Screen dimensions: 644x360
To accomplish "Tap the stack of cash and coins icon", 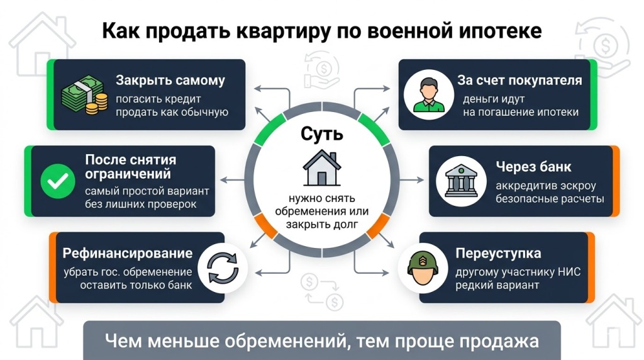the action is [x=84, y=96].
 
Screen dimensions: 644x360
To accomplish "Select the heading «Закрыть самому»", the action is [x=170, y=81].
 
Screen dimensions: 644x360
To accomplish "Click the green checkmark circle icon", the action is [x=57, y=182].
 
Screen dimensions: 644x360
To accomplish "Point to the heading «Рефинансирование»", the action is [x=128, y=253].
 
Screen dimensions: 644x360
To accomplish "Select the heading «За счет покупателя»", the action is [x=519, y=81].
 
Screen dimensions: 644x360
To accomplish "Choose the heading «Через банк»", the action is [x=533, y=167].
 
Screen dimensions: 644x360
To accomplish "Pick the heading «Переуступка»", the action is [x=498, y=254].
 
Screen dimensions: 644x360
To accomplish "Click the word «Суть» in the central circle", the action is [x=322, y=133].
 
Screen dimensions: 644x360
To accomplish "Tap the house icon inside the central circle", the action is [x=322, y=169].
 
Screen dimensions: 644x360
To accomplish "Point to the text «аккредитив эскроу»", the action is [x=545, y=186].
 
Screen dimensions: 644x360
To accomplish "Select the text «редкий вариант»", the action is [x=497, y=285].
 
